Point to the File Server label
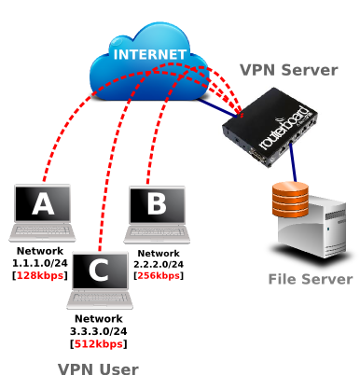[x=310, y=279]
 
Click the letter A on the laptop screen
[x=43, y=203]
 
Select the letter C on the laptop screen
[x=99, y=271]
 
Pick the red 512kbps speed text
[x=99, y=342]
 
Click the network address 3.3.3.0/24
[x=99, y=330]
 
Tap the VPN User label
[x=98, y=368]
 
